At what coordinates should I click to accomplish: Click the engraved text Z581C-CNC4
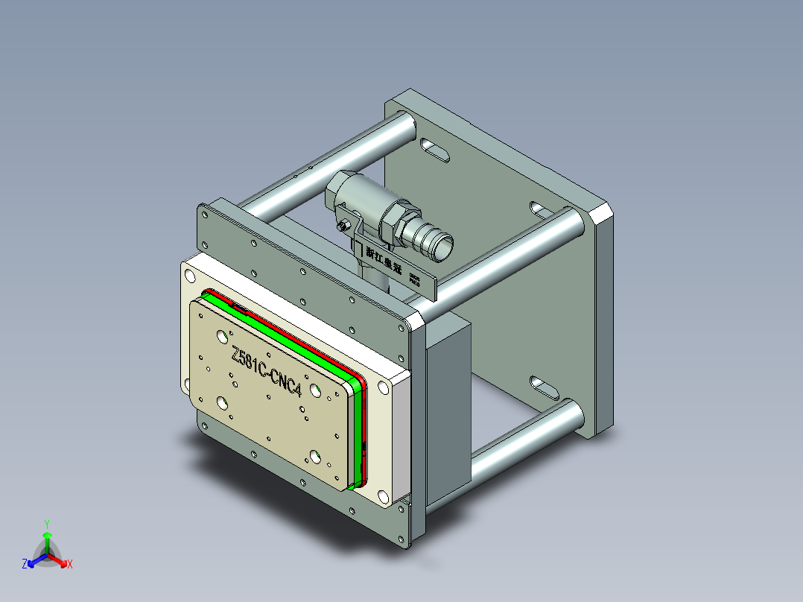[267, 372]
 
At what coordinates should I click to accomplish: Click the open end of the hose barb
[441, 246]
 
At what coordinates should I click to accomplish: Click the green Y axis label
[46, 523]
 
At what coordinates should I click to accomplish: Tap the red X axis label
[70, 564]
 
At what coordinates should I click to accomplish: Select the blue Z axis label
[25, 564]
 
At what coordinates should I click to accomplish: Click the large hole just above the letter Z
[222, 335]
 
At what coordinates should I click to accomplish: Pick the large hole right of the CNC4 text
[316, 390]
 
